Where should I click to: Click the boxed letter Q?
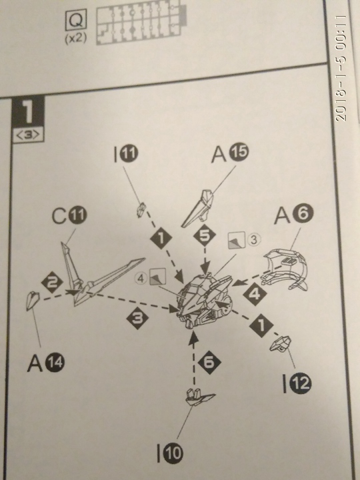pyautogui.click(x=75, y=20)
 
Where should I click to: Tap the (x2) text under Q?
pyautogui.click(x=75, y=39)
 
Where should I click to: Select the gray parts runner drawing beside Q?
pyautogui.click(x=141, y=23)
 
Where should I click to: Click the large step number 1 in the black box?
pyautogui.click(x=28, y=112)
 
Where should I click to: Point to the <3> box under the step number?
pyautogui.click(x=28, y=135)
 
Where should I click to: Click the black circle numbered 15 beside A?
pyautogui.click(x=239, y=153)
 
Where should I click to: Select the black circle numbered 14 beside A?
pyautogui.click(x=55, y=363)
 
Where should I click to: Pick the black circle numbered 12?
pyautogui.click(x=301, y=383)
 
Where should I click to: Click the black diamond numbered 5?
pyautogui.click(x=205, y=235)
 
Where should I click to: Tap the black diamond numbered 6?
pyautogui.click(x=209, y=363)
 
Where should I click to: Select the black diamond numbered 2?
pyautogui.click(x=53, y=282)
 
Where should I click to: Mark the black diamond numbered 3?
pyautogui.click(x=137, y=319)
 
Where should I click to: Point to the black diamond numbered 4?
pyautogui.click(x=255, y=294)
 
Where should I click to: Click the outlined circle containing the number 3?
pyautogui.click(x=254, y=240)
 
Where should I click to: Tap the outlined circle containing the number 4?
pyautogui.click(x=141, y=279)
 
